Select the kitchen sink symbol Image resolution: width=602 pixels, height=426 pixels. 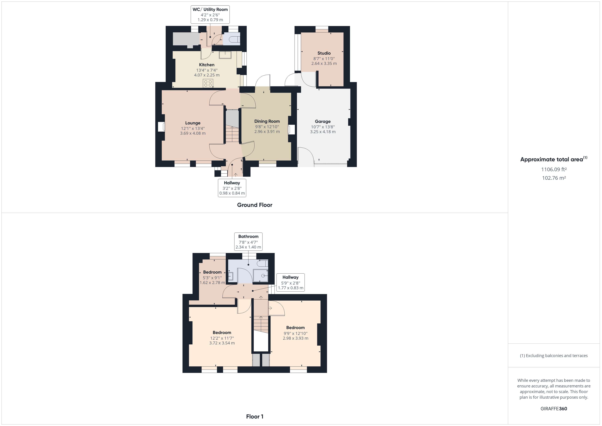(225, 55)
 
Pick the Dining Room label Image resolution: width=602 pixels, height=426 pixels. (267, 121)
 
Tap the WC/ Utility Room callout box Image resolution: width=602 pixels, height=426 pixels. (210, 15)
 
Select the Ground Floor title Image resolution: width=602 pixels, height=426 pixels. (255, 205)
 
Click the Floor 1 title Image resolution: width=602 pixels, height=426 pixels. (255, 417)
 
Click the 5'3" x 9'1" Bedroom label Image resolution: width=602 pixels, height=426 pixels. (212, 272)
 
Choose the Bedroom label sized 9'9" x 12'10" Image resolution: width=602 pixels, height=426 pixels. (296, 328)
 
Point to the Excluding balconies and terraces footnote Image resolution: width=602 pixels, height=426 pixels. (554, 356)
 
